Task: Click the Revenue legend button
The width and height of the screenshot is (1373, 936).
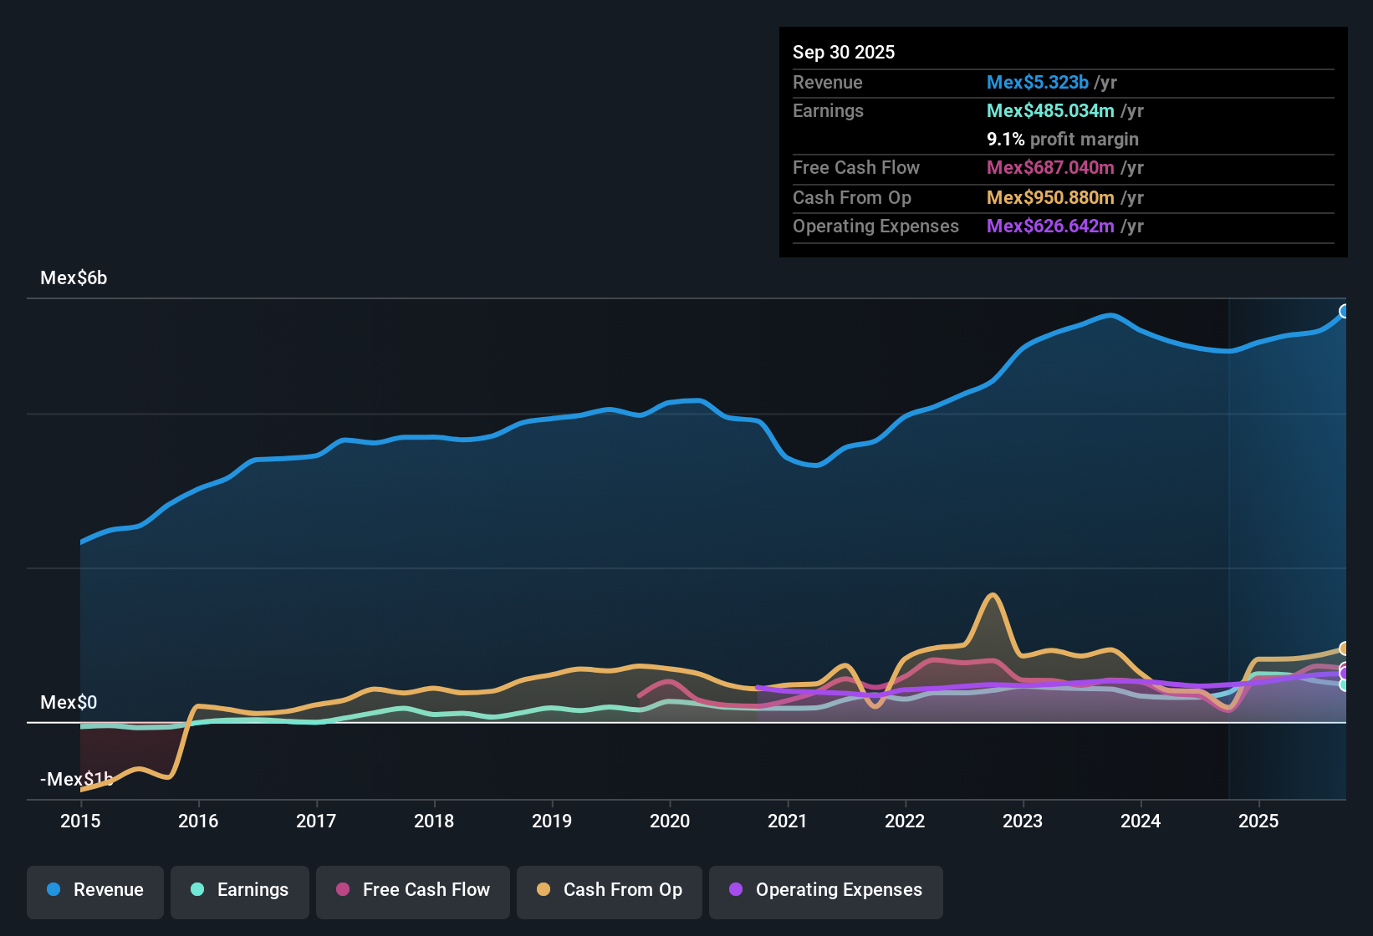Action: coord(95,890)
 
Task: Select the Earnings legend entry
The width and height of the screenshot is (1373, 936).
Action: coord(239,890)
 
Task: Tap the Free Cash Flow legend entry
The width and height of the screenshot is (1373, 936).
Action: coord(413,890)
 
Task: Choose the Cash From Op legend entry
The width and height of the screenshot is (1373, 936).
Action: coord(610,890)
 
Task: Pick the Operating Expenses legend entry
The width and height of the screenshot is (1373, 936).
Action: coord(825,890)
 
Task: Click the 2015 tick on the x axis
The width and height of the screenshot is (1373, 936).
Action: coord(80,821)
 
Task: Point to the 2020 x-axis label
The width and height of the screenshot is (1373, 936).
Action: coord(670,821)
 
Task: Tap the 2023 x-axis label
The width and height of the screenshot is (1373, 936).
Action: coord(1023,821)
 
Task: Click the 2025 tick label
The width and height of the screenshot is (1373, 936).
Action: coord(1258,821)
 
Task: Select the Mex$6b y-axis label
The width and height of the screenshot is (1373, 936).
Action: coord(74,278)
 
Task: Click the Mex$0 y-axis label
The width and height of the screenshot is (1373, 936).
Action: coord(69,702)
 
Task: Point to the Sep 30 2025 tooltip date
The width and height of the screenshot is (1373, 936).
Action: coord(844,53)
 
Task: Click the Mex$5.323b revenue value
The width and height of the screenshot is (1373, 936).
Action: coord(1038,83)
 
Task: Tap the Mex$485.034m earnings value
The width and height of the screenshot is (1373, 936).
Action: coord(1050,111)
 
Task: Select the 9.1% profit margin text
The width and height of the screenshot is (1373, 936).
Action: coord(1063,140)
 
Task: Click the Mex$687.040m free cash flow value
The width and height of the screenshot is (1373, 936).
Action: coord(1050,168)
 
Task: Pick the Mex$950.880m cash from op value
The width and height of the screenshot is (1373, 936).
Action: coord(1050,198)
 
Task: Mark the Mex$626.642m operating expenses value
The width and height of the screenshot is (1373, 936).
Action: coord(1050,226)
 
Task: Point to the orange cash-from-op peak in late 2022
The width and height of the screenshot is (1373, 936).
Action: coord(993,595)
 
